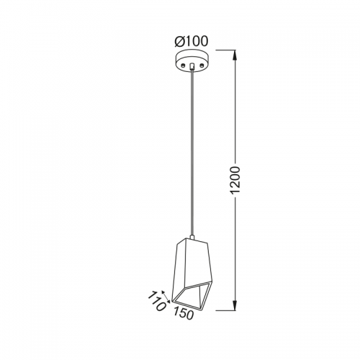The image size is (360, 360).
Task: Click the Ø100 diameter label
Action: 191,41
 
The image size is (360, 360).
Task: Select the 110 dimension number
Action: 156,301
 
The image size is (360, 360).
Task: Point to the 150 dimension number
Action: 184,313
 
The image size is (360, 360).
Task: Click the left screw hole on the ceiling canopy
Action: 184,65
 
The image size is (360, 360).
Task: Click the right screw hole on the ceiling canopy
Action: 202,65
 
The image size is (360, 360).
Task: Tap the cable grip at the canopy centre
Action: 192,66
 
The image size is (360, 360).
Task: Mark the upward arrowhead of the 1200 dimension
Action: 235,55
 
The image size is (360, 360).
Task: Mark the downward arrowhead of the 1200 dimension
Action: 235,305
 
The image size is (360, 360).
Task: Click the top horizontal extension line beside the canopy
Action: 226,50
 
